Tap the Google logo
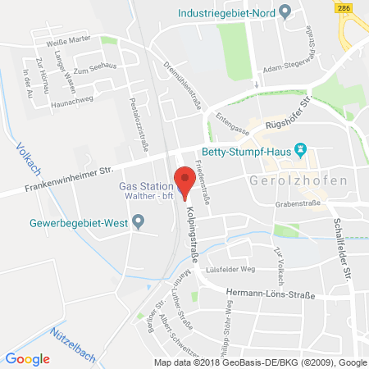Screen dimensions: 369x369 point(28,358)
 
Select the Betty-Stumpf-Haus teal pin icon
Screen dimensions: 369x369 point(301,149)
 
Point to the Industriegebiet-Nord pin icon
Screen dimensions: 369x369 point(285,11)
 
